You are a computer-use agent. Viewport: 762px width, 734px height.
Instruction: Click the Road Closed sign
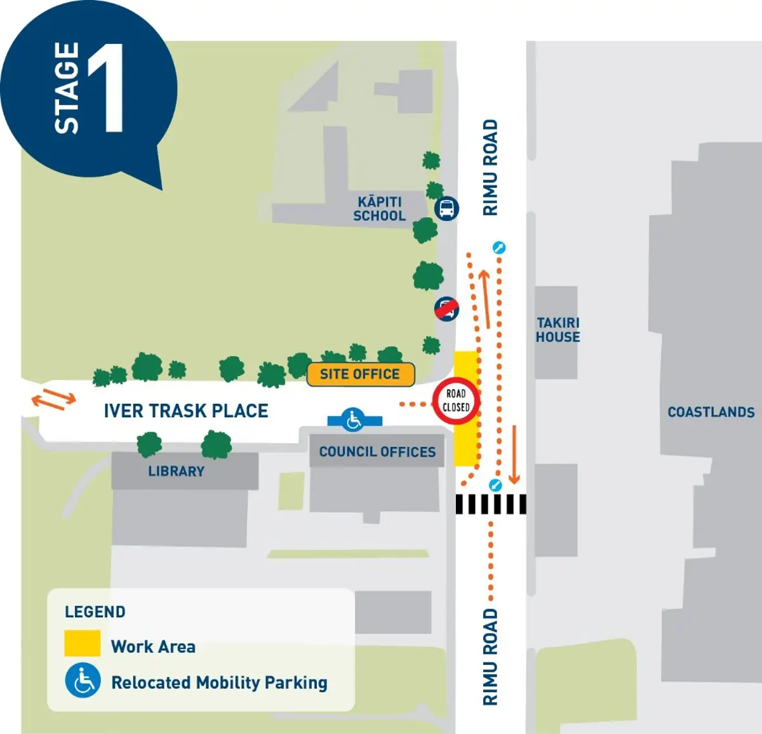pyautogui.click(x=456, y=401)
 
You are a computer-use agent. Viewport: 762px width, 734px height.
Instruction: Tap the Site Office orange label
pyautogui.click(x=360, y=374)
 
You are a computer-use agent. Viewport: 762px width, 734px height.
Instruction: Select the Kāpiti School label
pyautogui.click(x=379, y=209)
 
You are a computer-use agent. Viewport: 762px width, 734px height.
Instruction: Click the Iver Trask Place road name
pyautogui.click(x=186, y=411)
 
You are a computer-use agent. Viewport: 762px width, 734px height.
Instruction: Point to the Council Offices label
pyautogui.click(x=377, y=451)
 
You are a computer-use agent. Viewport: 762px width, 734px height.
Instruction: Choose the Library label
pyautogui.click(x=177, y=471)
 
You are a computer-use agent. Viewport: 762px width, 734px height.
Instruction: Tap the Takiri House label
pyautogui.click(x=558, y=330)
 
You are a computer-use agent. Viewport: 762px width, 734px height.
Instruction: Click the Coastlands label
pyautogui.click(x=711, y=412)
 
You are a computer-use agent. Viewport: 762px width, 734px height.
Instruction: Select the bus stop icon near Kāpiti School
pyautogui.click(x=446, y=208)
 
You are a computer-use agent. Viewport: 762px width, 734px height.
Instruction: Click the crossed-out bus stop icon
pyautogui.click(x=446, y=309)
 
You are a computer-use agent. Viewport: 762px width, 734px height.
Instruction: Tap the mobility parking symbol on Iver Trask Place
pyautogui.click(x=354, y=419)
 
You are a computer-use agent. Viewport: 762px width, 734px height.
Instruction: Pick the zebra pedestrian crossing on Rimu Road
pyautogui.click(x=491, y=504)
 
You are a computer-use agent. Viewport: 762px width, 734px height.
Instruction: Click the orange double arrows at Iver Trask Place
pyautogui.click(x=54, y=398)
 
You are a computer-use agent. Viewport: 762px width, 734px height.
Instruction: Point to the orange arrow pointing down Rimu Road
pyautogui.click(x=514, y=454)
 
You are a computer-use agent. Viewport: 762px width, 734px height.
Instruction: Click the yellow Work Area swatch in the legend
pyautogui.click(x=82, y=643)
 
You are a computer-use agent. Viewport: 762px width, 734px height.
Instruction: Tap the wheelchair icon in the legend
pyautogui.click(x=83, y=681)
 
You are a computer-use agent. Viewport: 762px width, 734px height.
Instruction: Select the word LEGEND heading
pyautogui.click(x=95, y=611)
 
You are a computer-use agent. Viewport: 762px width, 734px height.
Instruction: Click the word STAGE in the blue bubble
pyautogui.click(x=67, y=88)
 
